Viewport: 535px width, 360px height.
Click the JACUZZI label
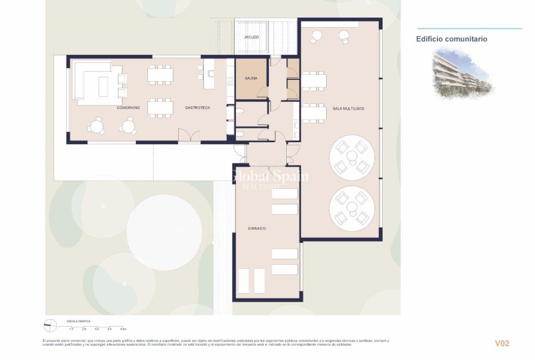click(x=252, y=37)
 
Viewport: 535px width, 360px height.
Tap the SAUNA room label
click(x=251, y=79)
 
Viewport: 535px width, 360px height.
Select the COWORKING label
click(x=128, y=108)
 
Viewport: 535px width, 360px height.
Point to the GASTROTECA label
click(x=198, y=108)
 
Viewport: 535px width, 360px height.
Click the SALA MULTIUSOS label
click(x=348, y=109)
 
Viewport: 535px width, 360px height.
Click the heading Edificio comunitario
click(x=451, y=39)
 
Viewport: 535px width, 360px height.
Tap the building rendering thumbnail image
click(x=462, y=74)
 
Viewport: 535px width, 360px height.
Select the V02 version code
click(x=502, y=344)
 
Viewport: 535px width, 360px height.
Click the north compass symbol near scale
click(x=51, y=325)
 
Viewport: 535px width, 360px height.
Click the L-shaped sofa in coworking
click(x=94, y=82)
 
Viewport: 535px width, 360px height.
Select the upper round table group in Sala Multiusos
click(x=352, y=157)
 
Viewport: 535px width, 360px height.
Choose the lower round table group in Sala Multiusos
click(x=352, y=208)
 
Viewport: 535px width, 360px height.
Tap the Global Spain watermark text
click(x=269, y=176)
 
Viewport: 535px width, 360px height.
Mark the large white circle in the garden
click(x=164, y=224)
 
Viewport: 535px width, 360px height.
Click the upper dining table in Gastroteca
click(x=160, y=75)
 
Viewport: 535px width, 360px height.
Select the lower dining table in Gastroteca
click(x=160, y=108)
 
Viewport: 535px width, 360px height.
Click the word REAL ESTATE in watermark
click(x=269, y=187)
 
